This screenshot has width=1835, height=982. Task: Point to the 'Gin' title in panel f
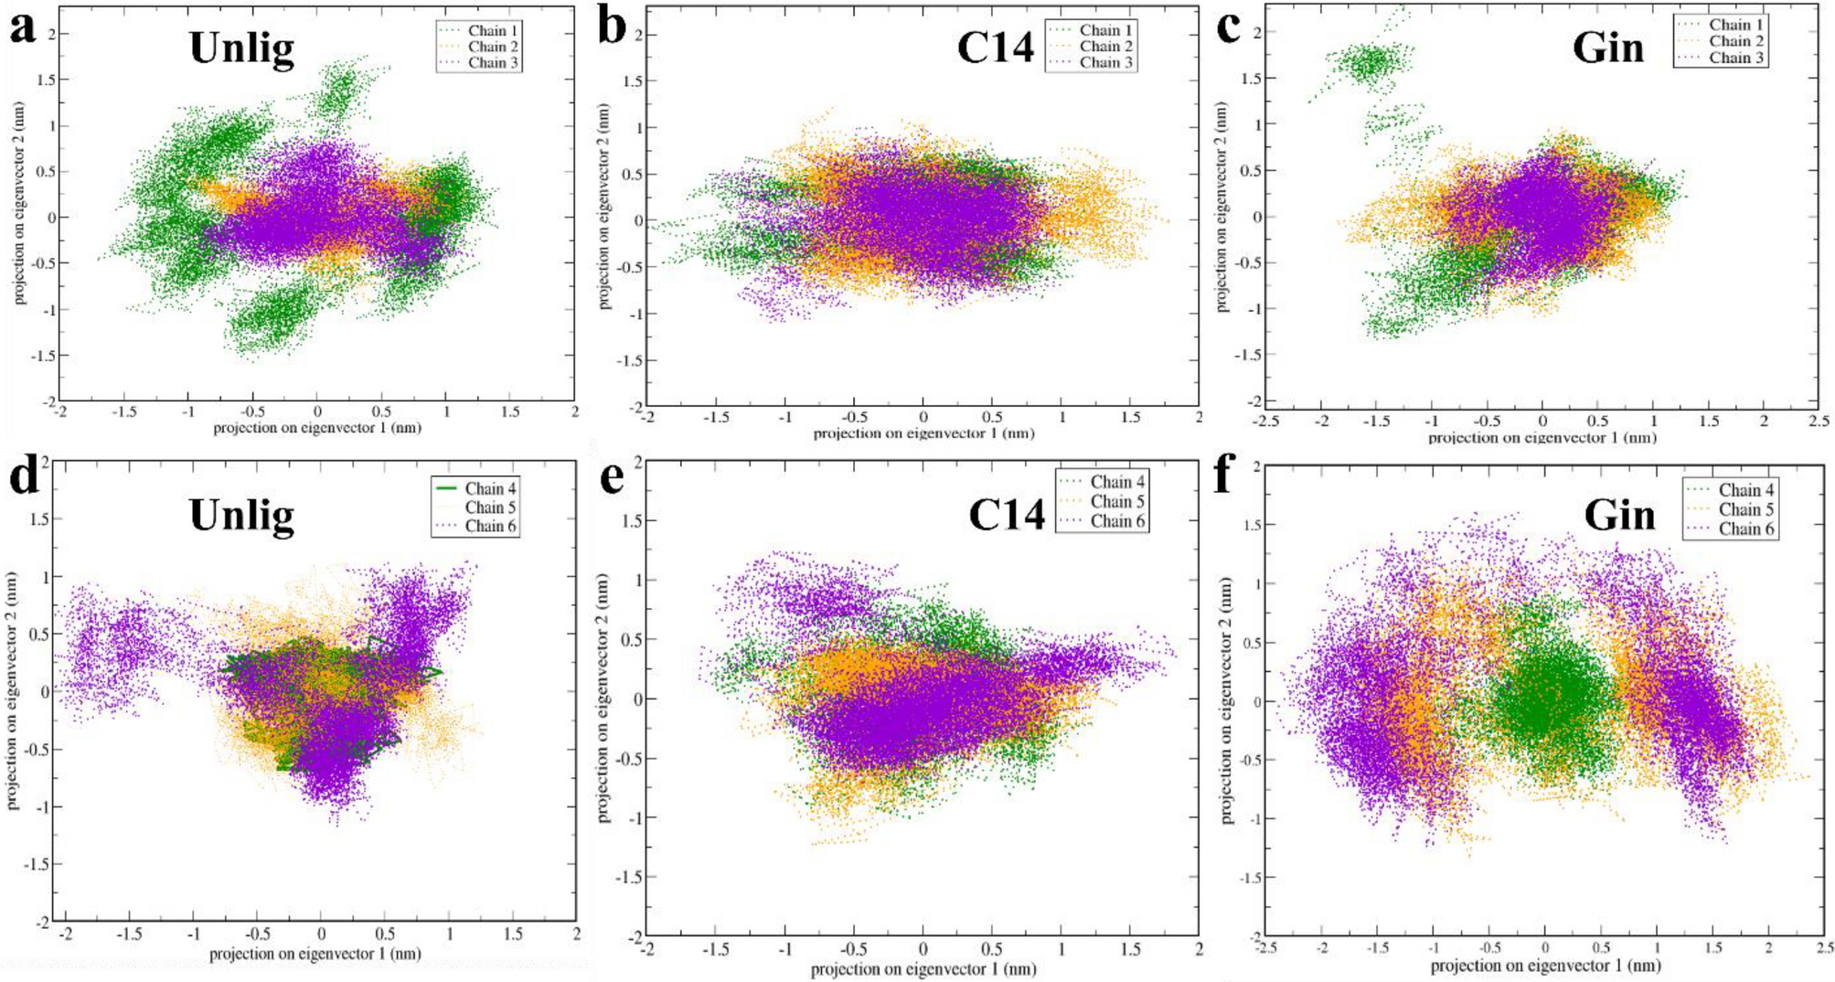click(x=1618, y=516)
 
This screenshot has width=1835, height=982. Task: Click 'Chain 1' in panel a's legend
click(x=493, y=31)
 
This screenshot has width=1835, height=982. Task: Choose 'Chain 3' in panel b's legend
click(x=1105, y=62)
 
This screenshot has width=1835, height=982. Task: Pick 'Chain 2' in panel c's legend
click(x=1735, y=41)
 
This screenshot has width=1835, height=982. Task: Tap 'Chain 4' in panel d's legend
click(x=490, y=488)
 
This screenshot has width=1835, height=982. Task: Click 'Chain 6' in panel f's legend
click(x=1745, y=528)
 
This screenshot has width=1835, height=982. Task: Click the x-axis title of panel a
click(x=316, y=428)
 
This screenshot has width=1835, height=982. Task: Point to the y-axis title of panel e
click(x=603, y=698)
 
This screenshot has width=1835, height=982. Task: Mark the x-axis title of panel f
click(x=1544, y=966)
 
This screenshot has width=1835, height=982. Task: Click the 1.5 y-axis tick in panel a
click(x=44, y=80)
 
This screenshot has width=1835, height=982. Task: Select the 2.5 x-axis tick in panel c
click(x=1818, y=422)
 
